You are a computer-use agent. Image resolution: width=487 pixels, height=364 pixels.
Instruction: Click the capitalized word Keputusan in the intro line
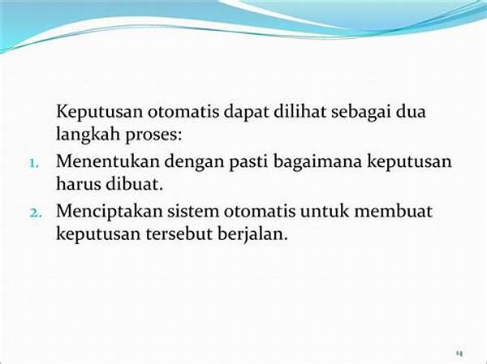99,113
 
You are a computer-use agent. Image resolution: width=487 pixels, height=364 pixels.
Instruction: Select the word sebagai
360,113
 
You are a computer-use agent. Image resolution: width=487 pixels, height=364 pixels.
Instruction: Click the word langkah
88,135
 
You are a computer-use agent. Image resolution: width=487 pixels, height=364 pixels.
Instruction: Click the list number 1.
34,163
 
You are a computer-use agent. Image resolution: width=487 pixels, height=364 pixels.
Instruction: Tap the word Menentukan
108,161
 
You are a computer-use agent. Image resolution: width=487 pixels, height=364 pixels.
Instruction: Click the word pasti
248,162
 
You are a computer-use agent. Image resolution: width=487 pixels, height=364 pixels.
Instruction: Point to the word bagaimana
317,162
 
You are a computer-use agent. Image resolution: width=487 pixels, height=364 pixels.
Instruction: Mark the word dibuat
134,184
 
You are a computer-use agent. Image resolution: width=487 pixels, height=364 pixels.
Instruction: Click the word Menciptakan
110,212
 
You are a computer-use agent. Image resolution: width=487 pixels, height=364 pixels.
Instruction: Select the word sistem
193,211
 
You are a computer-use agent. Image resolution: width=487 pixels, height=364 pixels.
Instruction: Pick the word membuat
393,211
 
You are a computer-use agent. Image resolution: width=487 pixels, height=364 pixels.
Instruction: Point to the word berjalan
252,234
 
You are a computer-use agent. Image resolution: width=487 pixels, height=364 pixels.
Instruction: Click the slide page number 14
459,353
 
